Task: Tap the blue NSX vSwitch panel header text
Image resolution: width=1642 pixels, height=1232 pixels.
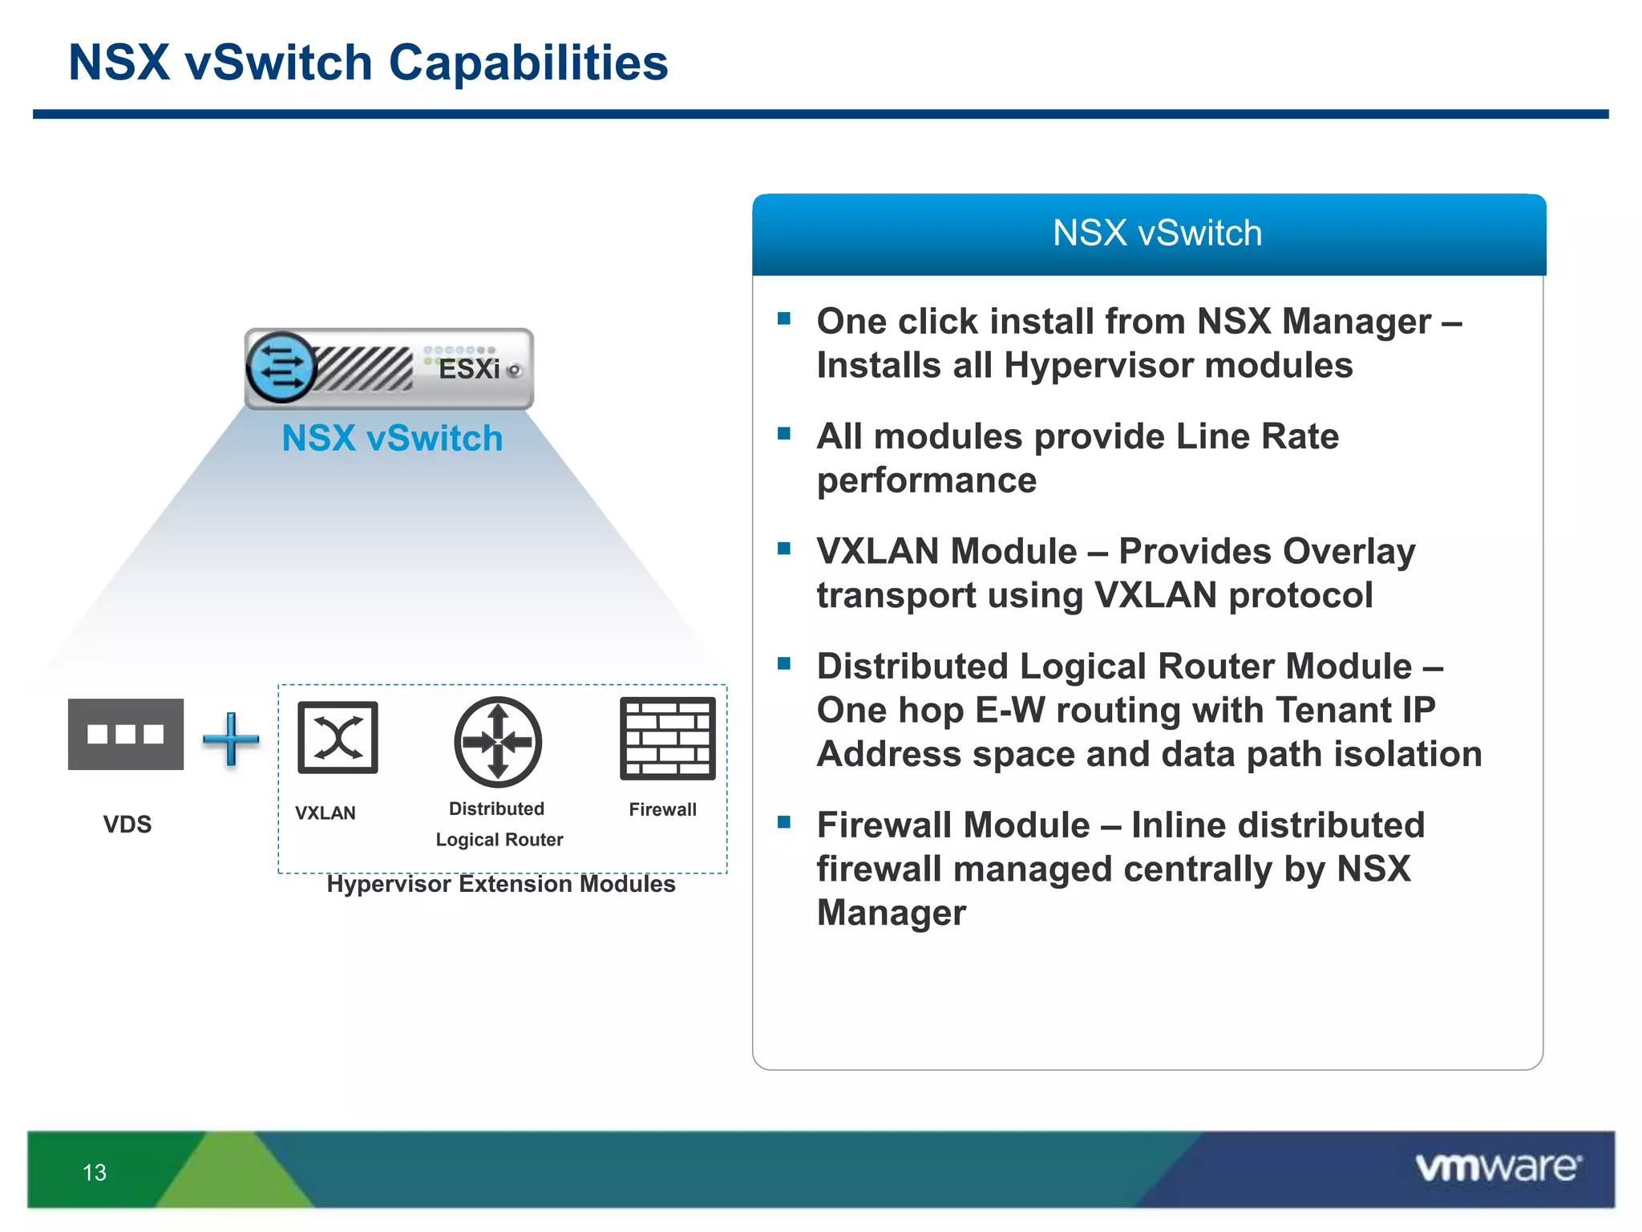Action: (1156, 233)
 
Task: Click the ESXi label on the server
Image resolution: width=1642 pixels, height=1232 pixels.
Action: (469, 369)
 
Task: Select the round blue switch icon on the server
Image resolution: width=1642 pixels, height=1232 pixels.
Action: (281, 367)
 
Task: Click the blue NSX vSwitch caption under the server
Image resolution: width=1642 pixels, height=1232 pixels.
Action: (392, 439)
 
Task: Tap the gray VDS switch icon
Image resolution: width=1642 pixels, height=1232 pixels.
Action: (126, 734)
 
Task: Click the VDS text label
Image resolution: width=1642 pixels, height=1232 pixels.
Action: (127, 825)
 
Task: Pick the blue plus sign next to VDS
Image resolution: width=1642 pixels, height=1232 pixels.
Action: (231, 739)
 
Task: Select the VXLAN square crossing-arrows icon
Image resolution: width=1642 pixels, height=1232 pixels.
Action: (338, 737)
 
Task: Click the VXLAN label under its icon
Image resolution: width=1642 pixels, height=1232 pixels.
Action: (325, 813)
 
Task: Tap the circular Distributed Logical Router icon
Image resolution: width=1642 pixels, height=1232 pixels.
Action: (498, 742)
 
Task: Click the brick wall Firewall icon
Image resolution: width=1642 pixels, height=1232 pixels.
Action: (667, 739)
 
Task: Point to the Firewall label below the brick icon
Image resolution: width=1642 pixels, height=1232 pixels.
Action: (662, 810)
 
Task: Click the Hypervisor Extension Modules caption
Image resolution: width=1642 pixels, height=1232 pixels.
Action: (500, 884)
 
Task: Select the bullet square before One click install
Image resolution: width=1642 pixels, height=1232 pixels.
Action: (784, 319)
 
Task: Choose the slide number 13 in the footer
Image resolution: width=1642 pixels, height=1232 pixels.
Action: (95, 1173)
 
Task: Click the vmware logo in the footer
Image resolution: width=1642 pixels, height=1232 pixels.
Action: (1498, 1167)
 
